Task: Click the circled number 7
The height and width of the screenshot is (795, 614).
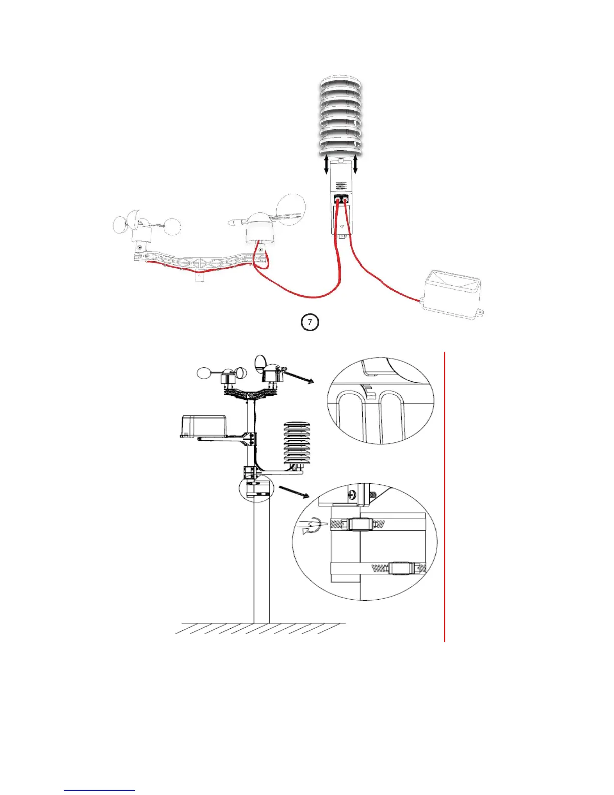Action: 310,322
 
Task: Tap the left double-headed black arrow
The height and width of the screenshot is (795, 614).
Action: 326,165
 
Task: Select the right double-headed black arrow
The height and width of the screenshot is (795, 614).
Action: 356,165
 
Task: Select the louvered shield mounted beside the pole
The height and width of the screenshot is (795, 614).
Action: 297,444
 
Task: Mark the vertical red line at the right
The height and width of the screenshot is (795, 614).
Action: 445,497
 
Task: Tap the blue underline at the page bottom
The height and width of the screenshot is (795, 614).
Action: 99,790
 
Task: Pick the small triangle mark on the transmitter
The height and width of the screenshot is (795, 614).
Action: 342,226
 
